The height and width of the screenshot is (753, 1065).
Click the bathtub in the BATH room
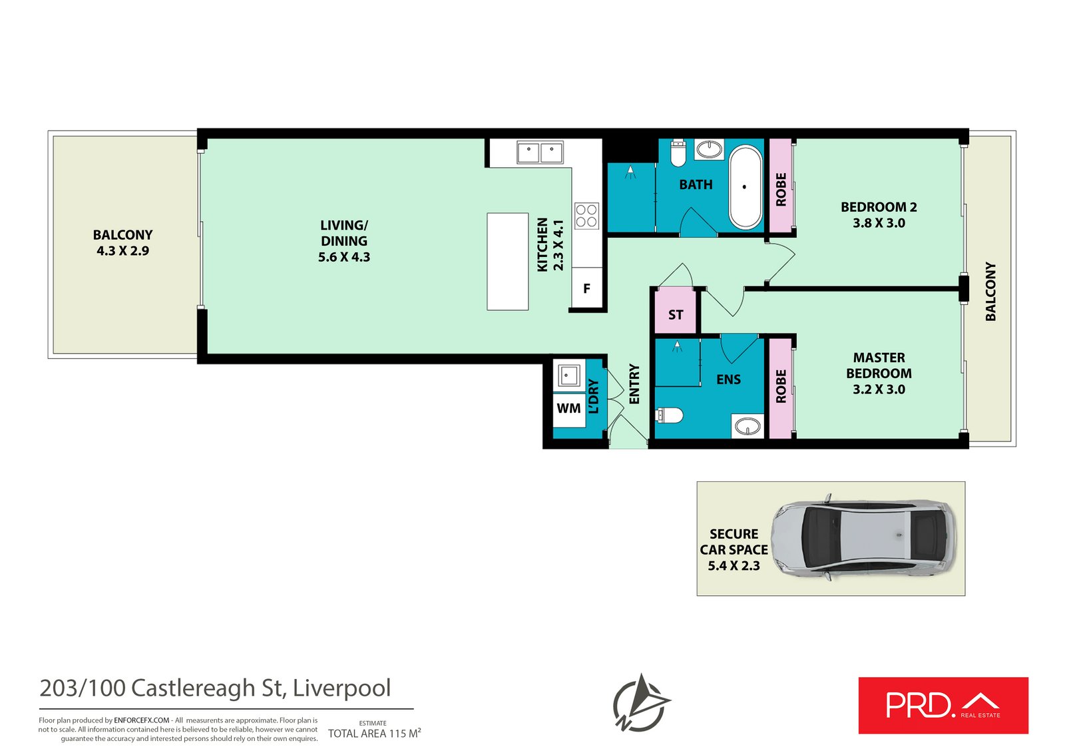pyautogui.click(x=745, y=187)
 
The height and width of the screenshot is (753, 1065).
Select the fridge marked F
pyautogui.click(x=586, y=288)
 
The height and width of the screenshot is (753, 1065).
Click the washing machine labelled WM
pyautogui.click(x=568, y=408)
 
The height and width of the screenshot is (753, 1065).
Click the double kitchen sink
pyautogui.click(x=540, y=152)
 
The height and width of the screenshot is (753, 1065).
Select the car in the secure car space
pyautogui.click(x=863, y=538)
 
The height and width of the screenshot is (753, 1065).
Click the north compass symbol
pyautogui.click(x=640, y=703)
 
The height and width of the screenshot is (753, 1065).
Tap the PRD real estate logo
pyautogui.click(x=943, y=706)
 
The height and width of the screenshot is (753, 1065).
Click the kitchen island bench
pyautogui.click(x=508, y=262)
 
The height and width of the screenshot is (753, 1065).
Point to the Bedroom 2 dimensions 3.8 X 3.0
pyautogui.click(x=879, y=223)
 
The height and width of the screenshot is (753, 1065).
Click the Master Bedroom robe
pyautogui.click(x=781, y=387)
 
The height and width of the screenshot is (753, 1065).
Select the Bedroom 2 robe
pyautogui.click(x=781, y=188)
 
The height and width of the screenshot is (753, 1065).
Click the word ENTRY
pyautogui.click(x=634, y=384)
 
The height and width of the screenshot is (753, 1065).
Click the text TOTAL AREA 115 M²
pyautogui.click(x=374, y=733)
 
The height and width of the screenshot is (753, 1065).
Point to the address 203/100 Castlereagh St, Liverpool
pyautogui.click(x=215, y=688)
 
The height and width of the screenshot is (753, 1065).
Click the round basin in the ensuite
pyautogui.click(x=748, y=426)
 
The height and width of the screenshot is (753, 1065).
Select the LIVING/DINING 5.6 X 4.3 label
pyautogui.click(x=344, y=241)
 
